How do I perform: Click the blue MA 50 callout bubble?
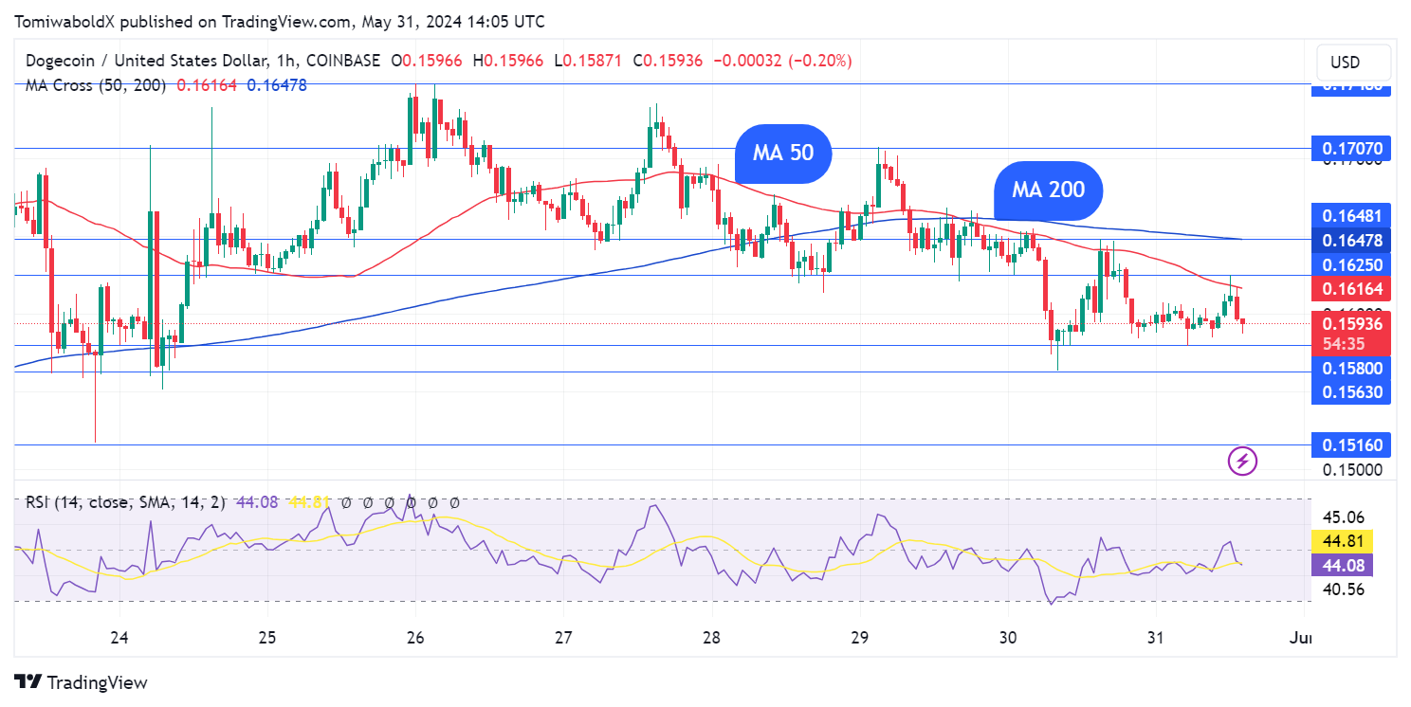pyautogui.click(x=783, y=153)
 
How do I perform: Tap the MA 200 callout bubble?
pyautogui.click(x=1048, y=190)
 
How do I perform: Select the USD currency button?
pyautogui.click(x=1345, y=63)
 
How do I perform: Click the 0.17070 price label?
pyautogui.click(x=1350, y=149)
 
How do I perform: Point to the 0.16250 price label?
pyautogui.click(x=1350, y=264)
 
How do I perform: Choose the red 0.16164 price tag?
pyautogui.click(x=1350, y=289)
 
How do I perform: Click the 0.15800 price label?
pyautogui.click(x=1350, y=368)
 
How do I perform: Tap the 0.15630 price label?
pyautogui.click(x=1350, y=391)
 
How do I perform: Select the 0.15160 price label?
pyautogui.click(x=1350, y=444)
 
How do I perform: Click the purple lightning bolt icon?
pyautogui.click(x=1242, y=462)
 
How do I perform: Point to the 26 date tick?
pyautogui.click(x=415, y=638)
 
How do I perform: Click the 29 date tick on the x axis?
pyautogui.click(x=859, y=638)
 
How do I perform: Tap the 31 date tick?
pyautogui.click(x=1156, y=638)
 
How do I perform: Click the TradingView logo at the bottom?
pyautogui.click(x=82, y=682)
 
